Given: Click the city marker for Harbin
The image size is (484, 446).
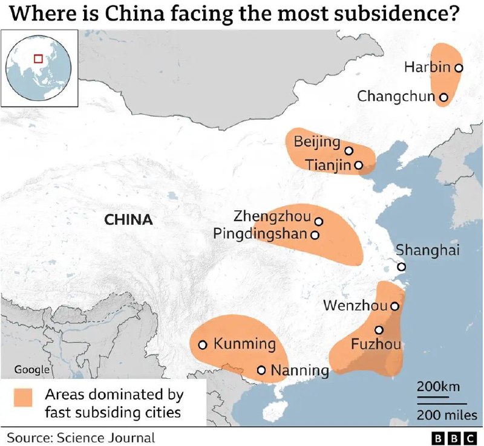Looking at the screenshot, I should click(459, 68).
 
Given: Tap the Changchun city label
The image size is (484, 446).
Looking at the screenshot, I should click(396, 96).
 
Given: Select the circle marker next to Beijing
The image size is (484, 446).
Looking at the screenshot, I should click(349, 150).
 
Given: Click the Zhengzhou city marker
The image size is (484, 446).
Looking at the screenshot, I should click(319, 221).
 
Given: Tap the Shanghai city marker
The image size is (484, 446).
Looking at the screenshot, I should click(401, 267).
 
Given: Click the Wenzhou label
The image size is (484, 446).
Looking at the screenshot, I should click(355, 306).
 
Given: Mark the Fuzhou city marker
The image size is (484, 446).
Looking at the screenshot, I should click(379, 330).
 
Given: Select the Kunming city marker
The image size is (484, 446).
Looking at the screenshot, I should click(203, 344).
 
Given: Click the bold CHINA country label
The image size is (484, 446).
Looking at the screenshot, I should click(128, 219).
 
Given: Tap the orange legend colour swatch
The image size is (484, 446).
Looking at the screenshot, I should click(24, 397).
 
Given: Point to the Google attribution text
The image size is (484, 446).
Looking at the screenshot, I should click(31, 369).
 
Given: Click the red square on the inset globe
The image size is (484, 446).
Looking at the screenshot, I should click(38, 59).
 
